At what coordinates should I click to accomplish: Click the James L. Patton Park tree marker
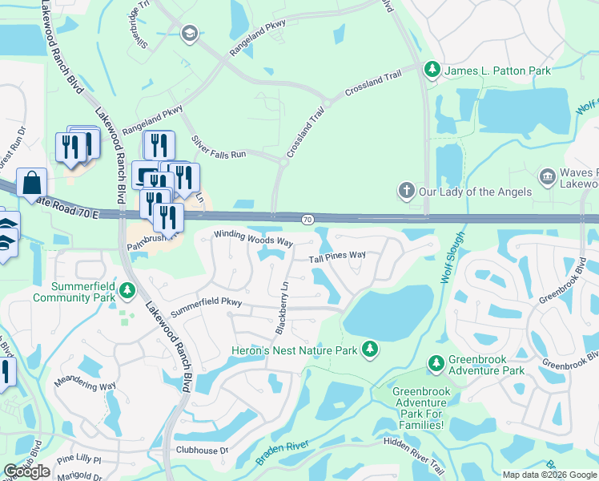433,71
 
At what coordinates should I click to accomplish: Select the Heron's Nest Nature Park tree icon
369,350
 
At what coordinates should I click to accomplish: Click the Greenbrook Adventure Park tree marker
436,364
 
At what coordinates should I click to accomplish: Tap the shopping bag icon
31,184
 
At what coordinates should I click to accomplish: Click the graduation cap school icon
189,33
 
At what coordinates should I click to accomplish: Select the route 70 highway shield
308,218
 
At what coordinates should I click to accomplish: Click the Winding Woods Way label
252,239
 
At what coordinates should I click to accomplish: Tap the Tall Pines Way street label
337,257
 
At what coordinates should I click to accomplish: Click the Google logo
26,471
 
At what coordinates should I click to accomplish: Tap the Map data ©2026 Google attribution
549,475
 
